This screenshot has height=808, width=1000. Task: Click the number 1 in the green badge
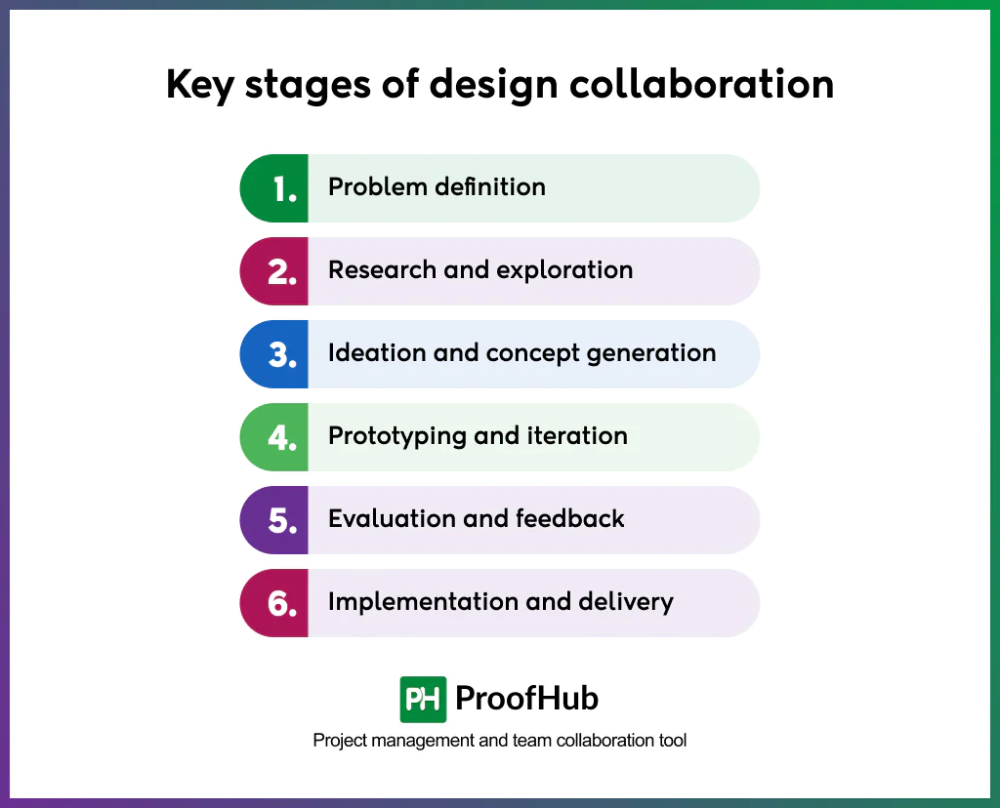283,189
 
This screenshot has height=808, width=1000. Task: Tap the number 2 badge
282,272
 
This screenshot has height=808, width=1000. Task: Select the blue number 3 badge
282,355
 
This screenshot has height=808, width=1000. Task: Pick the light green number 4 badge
282,438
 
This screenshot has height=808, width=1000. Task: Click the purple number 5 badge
282,521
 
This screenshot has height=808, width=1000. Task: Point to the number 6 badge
282,604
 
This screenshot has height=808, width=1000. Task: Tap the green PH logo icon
423,699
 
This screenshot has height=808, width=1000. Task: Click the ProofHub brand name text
527,699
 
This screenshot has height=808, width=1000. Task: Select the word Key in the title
199,86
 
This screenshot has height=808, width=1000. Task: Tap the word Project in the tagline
340,741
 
